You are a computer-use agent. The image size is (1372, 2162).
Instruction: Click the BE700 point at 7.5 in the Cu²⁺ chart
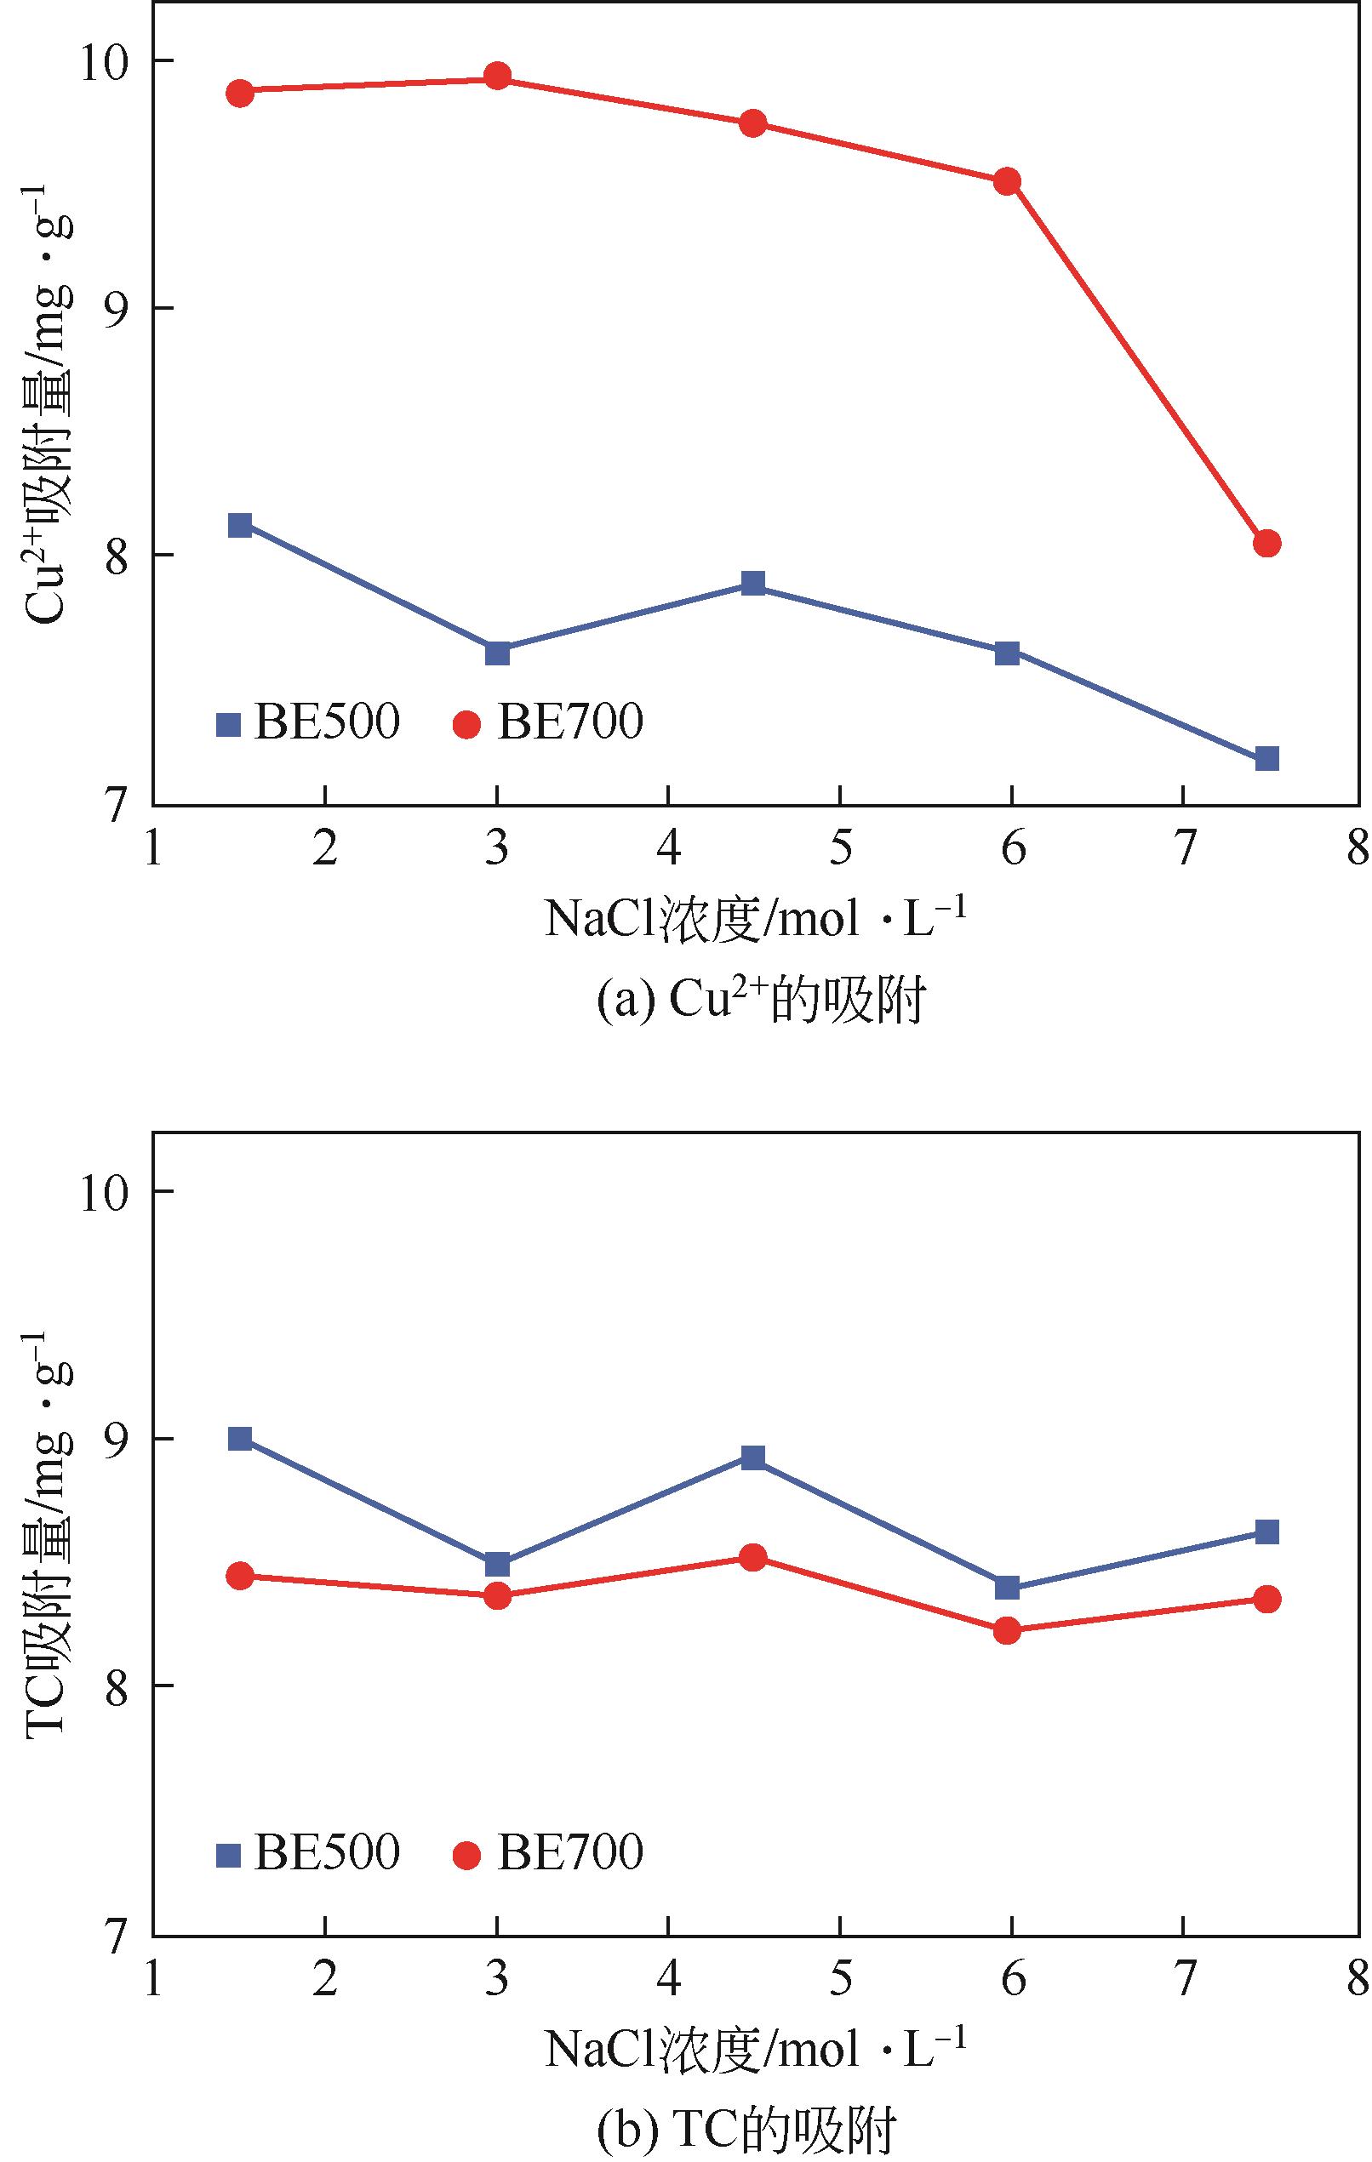tap(1266, 543)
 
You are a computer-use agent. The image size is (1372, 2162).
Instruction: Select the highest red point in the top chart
tap(497, 77)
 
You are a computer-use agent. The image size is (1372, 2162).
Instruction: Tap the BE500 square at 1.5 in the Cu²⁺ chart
tap(240, 525)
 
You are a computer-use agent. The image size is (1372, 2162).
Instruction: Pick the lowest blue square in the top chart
tap(1266, 759)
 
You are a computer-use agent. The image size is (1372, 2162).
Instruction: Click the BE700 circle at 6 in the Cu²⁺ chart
tap(1008, 181)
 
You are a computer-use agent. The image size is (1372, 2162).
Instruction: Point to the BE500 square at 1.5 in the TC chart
tap(240, 1438)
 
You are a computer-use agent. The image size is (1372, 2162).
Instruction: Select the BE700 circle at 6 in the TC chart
tap(1008, 1629)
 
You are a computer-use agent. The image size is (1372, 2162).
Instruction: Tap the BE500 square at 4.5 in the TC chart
tap(753, 1457)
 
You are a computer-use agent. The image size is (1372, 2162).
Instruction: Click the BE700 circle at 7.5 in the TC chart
tap(1266, 1598)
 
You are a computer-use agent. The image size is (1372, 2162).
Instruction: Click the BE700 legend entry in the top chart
tap(549, 722)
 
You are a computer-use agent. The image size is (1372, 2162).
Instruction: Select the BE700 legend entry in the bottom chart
tap(549, 1852)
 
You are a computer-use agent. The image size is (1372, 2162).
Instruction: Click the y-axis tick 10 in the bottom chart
tap(106, 1191)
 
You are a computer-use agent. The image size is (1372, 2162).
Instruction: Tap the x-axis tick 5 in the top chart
tap(839, 848)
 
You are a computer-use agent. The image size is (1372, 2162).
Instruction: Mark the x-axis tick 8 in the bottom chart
tap(1357, 1978)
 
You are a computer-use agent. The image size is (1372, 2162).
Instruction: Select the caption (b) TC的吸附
tap(746, 2133)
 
